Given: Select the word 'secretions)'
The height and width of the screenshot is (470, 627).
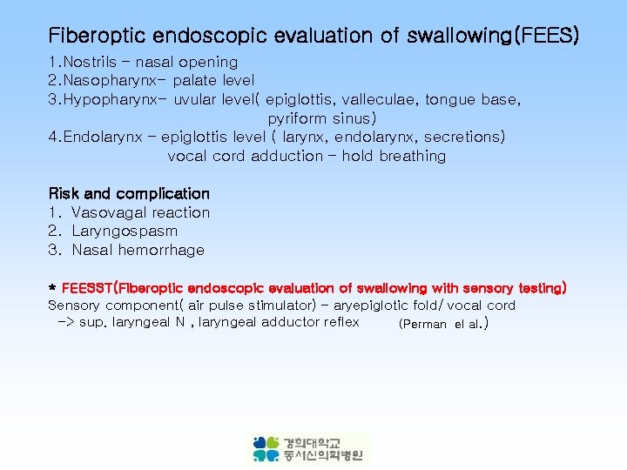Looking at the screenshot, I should pyautogui.click(x=463, y=138).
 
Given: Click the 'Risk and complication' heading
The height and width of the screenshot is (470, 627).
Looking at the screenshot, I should pyautogui.click(x=129, y=193).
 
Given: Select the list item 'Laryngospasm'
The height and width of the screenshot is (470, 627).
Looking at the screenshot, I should pyautogui.click(x=125, y=232).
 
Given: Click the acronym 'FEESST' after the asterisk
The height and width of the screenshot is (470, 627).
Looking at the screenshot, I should pyautogui.click(x=88, y=288).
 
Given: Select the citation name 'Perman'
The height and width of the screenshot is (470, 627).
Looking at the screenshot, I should pyautogui.click(x=422, y=325).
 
